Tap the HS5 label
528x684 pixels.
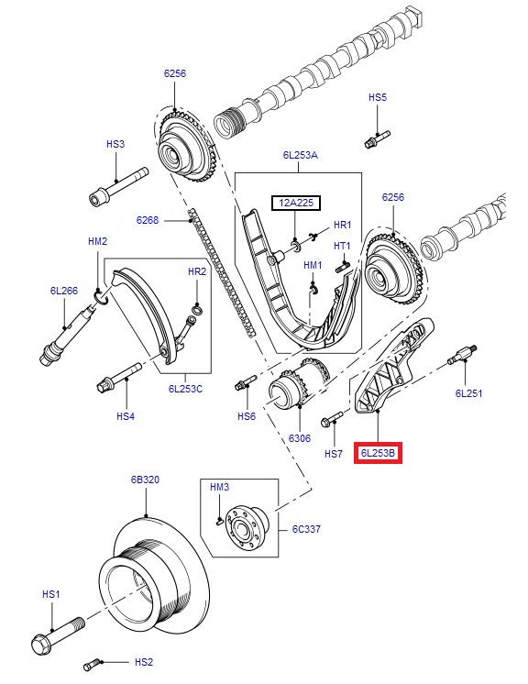pos(378,96)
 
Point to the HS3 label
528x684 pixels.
pos(115,144)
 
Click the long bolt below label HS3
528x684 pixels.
pos(118,186)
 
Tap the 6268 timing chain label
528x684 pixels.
pos(148,220)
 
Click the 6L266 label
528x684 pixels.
pos(63,291)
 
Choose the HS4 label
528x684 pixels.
pos(126,416)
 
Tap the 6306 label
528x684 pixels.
pos(300,438)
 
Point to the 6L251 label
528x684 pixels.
pos(468,393)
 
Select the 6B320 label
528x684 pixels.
pos(145,479)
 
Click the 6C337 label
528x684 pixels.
pos(307,528)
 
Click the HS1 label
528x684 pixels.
pos(51,594)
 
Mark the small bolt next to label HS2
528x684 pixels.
pos(93,662)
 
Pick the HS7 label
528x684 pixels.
pos(334,454)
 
